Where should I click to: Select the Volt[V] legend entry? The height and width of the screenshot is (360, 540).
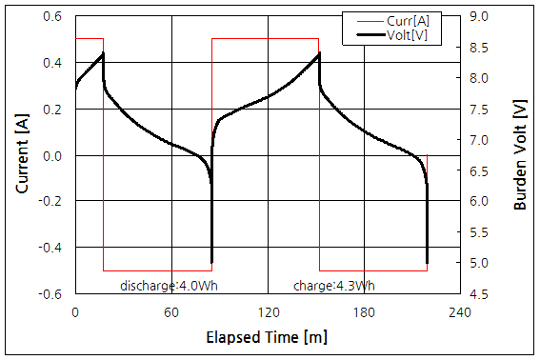[410, 35]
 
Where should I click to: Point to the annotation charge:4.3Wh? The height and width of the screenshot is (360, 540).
[334, 285]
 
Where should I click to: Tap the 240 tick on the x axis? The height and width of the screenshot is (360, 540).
[459, 311]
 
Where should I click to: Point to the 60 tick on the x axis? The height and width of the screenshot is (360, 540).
[171, 311]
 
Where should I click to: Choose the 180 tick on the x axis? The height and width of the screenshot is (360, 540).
[364, 311]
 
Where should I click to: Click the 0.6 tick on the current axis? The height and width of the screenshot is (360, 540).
[53, 17]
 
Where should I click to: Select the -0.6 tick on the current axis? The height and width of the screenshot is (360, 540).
[51, 293]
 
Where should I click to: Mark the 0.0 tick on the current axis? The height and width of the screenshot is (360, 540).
[53, 155]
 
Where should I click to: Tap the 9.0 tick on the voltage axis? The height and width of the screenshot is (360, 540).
[479, 17]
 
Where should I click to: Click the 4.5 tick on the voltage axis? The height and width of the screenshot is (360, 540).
[479, 294]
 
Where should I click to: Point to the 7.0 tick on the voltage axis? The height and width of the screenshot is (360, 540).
[479, 140]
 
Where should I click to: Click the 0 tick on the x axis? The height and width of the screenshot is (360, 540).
[75, 311]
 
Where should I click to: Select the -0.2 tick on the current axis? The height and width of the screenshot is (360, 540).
[51, 202]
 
